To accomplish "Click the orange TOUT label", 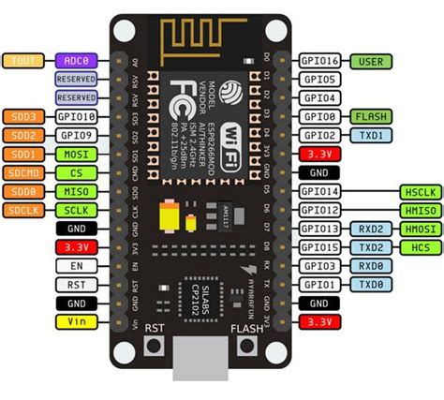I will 22,61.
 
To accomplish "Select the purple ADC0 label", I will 72,61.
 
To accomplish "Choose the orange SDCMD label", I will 22,172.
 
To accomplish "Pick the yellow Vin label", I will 72,321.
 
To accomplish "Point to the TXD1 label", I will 367,136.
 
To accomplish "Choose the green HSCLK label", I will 418,191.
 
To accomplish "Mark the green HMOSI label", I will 418,229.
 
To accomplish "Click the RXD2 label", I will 367,229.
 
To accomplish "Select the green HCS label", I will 418,247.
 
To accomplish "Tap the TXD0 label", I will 367,285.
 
